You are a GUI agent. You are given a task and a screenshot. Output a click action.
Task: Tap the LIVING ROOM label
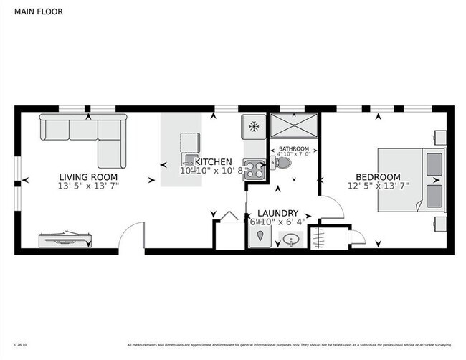tap(88, 176)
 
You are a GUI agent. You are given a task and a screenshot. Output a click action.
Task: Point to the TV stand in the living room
tap(65, 239)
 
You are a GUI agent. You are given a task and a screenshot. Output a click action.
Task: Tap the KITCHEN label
tap(213, 161)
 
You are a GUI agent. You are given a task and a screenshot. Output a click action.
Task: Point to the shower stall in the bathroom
tap(293, 128)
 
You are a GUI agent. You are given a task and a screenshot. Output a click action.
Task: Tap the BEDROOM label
tap(378, 177)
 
